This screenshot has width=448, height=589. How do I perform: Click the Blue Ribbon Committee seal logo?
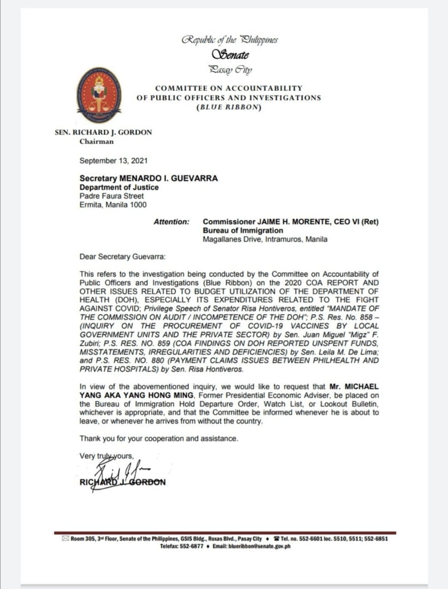click(99, 95)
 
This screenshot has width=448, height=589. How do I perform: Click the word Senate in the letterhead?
click(230, 55)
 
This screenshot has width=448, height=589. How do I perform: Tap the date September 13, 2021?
click(114, 161)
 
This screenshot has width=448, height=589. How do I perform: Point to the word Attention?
click(171, 222)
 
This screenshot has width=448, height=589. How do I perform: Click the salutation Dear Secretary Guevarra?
click(123, 256)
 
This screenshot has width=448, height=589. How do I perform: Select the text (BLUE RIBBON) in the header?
click(229, 107)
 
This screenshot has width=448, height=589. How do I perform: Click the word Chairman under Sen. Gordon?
click(96, 141)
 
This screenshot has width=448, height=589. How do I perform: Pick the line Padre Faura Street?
click(111, 196)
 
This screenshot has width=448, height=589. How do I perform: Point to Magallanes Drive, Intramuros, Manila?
click(265, 239)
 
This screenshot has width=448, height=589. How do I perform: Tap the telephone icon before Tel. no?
click(276, 538)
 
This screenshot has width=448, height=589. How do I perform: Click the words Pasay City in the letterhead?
click(230, 70)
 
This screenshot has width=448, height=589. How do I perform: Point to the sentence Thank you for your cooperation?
click(159, 439)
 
